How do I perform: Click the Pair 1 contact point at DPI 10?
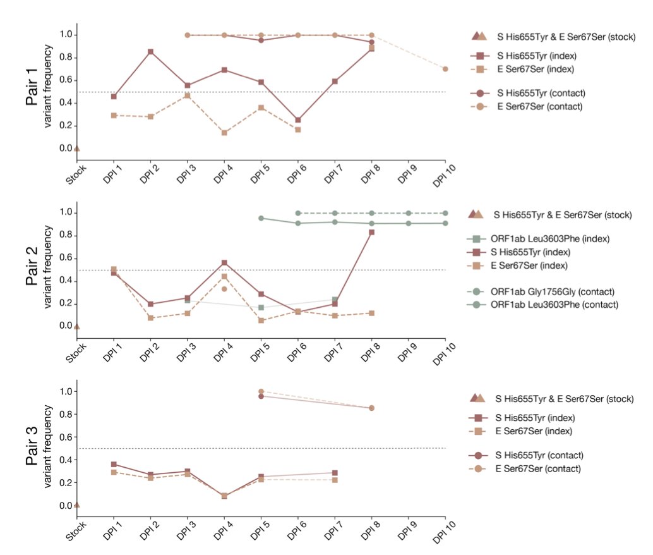click(445, 69)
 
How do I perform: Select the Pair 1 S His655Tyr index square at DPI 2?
click(150, 52)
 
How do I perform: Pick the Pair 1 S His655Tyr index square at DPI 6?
click(298, 120)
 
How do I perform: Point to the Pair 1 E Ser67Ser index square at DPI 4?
click(224, 133)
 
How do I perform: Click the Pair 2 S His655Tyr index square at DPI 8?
click(371, 233)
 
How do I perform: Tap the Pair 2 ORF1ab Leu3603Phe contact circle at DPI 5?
click(261, 218)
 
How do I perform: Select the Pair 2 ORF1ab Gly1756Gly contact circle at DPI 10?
click(445, 213)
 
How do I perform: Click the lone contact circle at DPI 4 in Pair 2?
click(224, 289)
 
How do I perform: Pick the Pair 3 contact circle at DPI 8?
click(371, 408)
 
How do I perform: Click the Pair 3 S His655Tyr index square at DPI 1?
click(114, 464)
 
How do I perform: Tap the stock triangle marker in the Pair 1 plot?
click(76, 149)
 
